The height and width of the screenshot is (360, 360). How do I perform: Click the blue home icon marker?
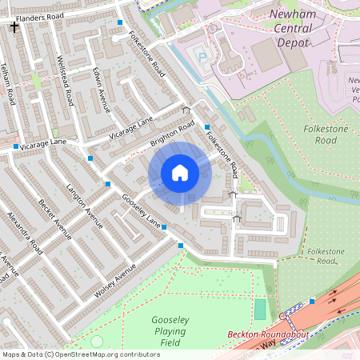(x=180, y=173)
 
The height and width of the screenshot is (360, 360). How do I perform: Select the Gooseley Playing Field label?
(x=170, y=331)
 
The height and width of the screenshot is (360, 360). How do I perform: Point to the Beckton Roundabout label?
(x=261, y=334)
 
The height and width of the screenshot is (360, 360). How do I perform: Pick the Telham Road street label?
(x=8, y=85)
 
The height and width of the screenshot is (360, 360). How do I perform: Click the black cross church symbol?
(x=14, y=27)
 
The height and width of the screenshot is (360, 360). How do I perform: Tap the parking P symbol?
(x=202, y=57)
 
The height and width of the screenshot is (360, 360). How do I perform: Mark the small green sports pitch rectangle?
(x=260, y=309)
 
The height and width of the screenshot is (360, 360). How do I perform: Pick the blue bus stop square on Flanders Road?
(x=120, y=22)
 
